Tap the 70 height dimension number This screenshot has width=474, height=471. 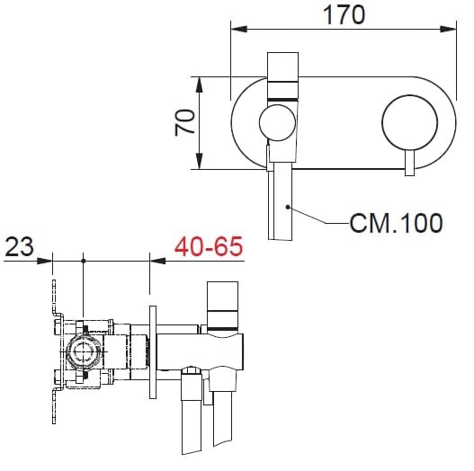coord(185,122)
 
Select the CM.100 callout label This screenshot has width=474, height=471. coord(396,223)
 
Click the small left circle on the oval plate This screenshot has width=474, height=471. coord(276,123)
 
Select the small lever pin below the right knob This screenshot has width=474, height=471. coord(409,164)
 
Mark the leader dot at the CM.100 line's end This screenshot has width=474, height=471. coord(286,207)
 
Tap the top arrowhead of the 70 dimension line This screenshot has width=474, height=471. coord(199,82)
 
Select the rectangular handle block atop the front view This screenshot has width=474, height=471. coord(284,74)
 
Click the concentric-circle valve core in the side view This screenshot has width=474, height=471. coord(84,352)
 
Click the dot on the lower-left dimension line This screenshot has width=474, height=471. coord(84,261)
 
